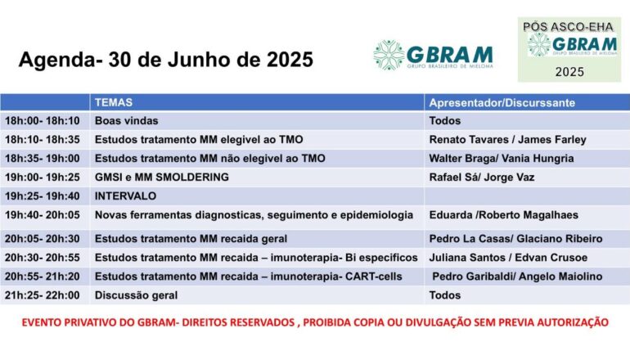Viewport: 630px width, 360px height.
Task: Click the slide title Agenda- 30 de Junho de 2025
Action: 165,61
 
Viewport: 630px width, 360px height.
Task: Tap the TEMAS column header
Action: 114,103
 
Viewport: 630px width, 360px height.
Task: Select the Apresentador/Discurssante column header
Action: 502,103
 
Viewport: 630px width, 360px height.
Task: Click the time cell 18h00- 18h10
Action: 43,121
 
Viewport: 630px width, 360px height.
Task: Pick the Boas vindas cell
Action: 122,121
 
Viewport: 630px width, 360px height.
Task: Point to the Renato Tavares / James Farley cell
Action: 507,139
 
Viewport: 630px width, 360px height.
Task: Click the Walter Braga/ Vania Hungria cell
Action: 501,158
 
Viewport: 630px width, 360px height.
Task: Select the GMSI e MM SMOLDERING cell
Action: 161,177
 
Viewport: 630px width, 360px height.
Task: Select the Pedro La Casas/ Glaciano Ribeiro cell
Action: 515,239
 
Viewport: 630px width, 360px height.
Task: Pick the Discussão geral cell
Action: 136,295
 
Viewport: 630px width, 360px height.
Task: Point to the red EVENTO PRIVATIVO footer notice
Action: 314,322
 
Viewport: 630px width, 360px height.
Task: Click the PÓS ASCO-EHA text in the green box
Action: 567,27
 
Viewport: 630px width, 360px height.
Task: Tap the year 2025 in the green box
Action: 570,72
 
